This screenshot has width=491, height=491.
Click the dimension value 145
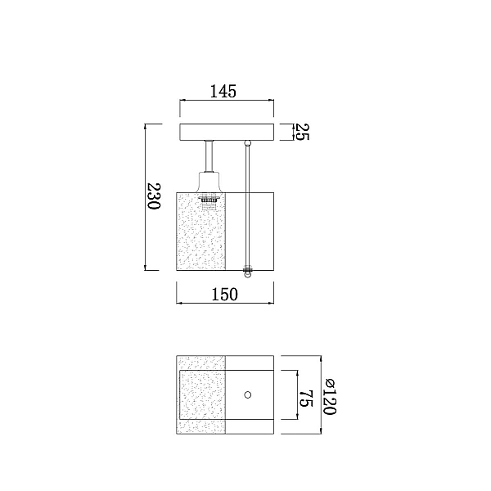(223, 91)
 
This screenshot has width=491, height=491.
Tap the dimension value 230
(154, 196)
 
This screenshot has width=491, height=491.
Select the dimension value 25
(302, 132)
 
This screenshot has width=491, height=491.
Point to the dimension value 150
(225, 294)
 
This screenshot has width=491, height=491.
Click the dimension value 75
(306, 398)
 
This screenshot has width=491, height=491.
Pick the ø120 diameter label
(330, 397)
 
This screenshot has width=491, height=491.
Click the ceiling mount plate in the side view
(227, 132)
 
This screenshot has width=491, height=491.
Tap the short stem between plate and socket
(209, 156)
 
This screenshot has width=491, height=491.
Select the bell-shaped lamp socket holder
(209, 182)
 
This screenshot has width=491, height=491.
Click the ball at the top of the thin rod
(248, 143)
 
